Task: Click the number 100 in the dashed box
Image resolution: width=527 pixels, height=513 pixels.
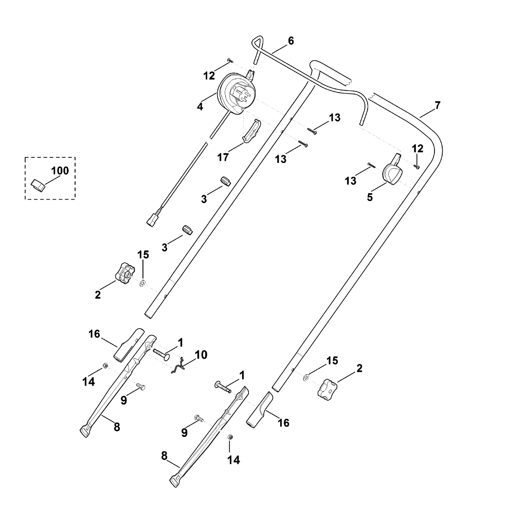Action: click(60, 171)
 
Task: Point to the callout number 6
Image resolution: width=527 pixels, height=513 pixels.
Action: click(291, 41)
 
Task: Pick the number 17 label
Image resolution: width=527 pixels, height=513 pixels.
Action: click(223, 157)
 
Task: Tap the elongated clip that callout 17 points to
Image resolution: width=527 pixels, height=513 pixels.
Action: click(251, 130)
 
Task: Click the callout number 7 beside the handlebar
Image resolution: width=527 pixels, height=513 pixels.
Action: click(437, 105)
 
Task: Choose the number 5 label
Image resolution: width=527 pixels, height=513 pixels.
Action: click(369, 197)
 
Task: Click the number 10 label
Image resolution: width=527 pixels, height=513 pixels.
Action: click(201, 355)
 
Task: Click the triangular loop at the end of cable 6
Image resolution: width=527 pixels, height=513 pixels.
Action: click(259, 41)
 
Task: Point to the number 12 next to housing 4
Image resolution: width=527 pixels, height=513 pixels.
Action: click(209, 76)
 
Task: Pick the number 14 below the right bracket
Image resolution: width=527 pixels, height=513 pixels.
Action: click(233, 459)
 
